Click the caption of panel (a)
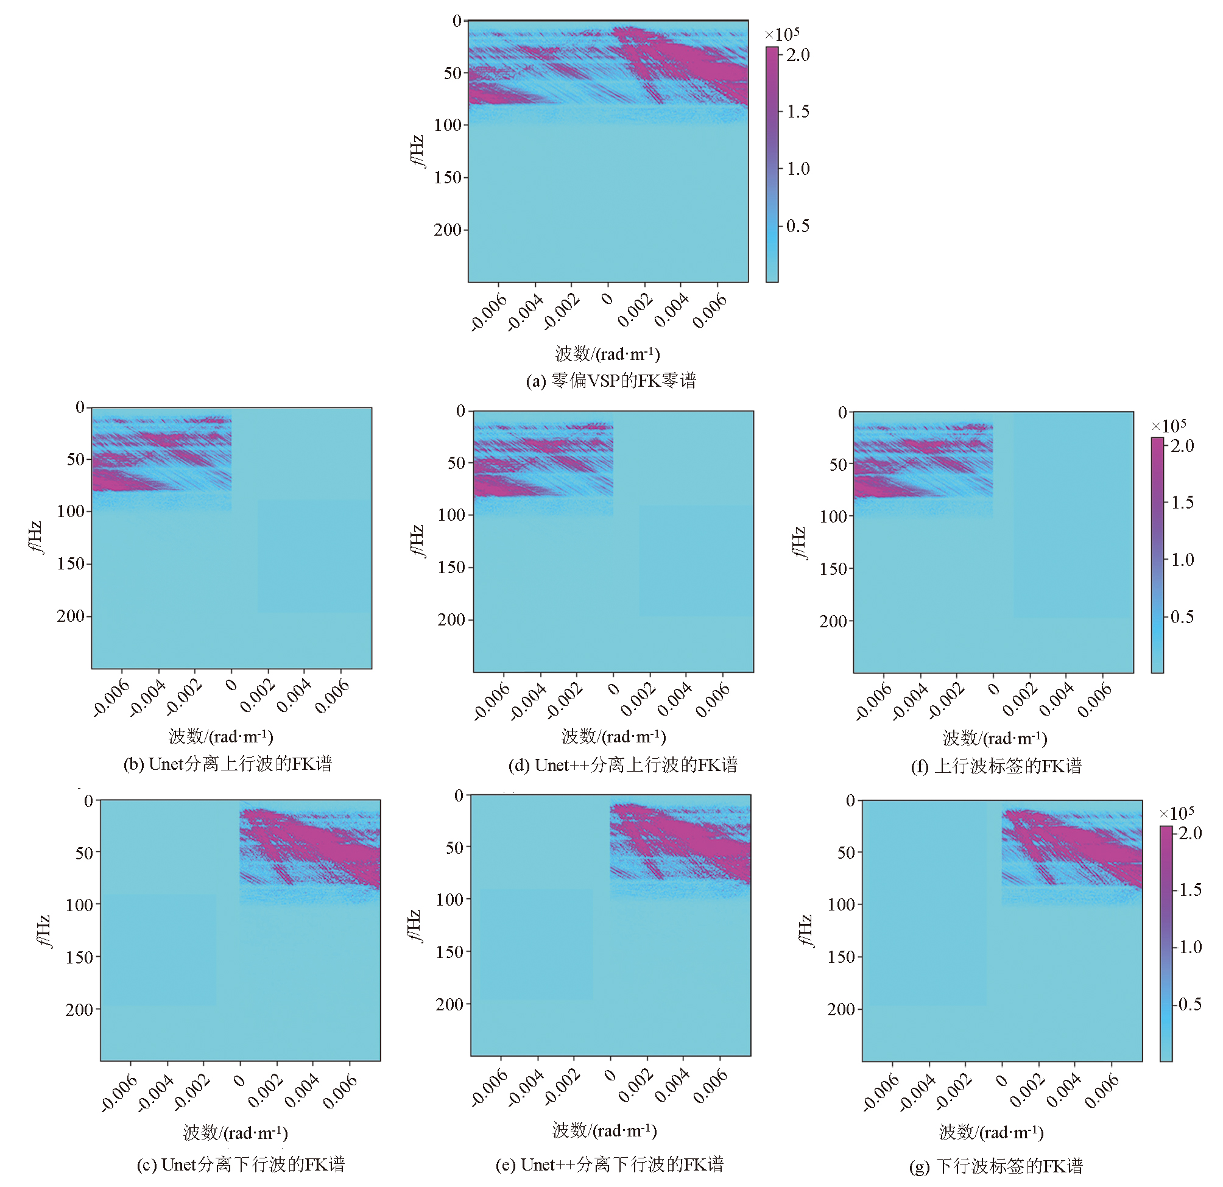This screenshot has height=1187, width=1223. point(611,381)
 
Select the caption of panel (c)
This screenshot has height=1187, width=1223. point(241,1164)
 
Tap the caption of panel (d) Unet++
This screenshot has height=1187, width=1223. point(622,765)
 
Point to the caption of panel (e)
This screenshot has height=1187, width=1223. point(610,1164)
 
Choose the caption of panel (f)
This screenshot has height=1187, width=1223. point(996,766)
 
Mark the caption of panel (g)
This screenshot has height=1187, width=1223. point(996,1166)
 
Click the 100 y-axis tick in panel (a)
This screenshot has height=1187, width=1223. point(448,125)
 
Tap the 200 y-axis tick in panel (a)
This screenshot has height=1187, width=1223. point(448,230)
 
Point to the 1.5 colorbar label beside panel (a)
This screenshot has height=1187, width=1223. point(798,111)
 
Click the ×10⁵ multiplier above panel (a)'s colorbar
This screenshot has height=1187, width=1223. point(782,33)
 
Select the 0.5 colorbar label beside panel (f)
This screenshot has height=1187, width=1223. point(1182,617)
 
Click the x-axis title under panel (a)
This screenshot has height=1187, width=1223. point(608,354)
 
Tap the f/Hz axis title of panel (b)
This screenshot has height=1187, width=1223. point(35,537)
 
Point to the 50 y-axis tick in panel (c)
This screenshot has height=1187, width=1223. point(83,853)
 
